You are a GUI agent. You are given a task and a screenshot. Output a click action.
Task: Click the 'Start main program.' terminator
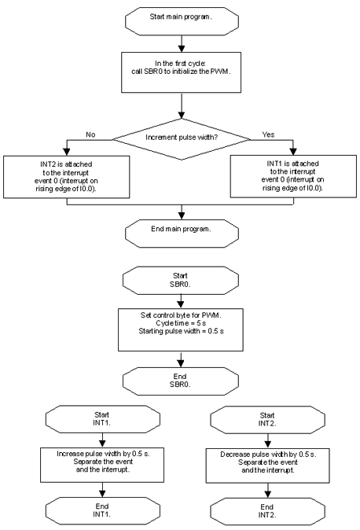tap(182, 21)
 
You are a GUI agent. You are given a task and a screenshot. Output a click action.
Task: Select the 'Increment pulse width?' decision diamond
tap(182, 139)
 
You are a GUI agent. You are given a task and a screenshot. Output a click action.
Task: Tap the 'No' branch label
tap(90, 134)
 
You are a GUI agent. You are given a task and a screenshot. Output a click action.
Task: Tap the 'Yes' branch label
tap(268, 134)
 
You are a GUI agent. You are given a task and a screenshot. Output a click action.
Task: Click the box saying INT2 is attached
tap(67, 177)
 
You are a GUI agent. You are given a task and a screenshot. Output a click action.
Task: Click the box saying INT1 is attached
tap(293, 176)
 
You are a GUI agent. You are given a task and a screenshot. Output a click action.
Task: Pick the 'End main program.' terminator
tap(182, 234)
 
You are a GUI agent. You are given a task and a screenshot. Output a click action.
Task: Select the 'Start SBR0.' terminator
tap(181, 280)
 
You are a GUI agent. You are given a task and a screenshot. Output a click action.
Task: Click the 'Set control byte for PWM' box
tap(181, 329)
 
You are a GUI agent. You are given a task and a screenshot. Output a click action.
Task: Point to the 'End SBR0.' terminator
tap(181, 381)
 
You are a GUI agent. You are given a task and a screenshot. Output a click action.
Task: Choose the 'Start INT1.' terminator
tap(103, 419)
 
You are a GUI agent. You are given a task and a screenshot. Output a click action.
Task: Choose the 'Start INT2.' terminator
tap(268, 420)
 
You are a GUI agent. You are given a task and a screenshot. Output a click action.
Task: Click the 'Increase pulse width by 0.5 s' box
tap(102, 465)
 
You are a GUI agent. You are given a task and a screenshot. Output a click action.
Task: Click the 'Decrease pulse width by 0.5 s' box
tap(268, 466)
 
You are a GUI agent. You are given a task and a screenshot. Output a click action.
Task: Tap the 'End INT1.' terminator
tap(103, 510)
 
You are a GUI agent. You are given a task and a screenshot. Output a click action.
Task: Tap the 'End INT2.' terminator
tap(268, 511)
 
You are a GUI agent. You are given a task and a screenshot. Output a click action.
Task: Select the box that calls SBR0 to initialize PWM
tap(182, 72)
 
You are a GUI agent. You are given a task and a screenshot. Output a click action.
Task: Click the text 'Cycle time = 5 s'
tap(181, 323)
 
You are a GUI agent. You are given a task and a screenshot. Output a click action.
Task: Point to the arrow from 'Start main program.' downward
tap(182, 43)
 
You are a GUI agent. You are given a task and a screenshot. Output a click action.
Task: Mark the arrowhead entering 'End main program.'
tap(182, 216)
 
